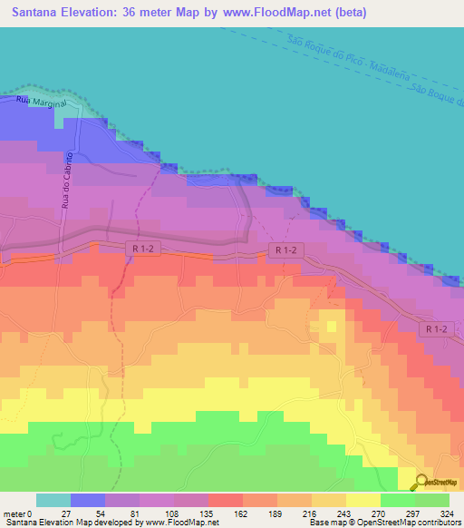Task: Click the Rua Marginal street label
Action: click(x=41, y=103)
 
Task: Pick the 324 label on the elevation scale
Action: click(x=450, y=513)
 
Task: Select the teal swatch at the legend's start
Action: click(x=53, y=500)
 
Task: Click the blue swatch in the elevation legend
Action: click(x=88, y=500)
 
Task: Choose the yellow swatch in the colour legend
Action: click(x=363, y=500)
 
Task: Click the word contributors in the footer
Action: click(x=439, y=523)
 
